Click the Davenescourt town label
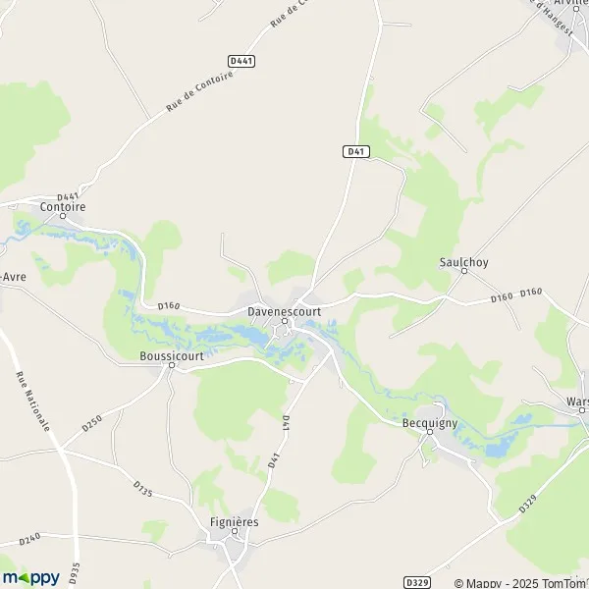click(285, 312)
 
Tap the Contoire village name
click(63, 207)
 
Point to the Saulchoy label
click(463, 262)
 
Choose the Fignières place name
click(234, 521)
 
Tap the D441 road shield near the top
click(241, 61)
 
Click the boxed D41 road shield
click(356, 151)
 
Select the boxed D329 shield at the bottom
click(416, 582)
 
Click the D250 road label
click(92, 425)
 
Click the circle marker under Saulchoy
click(463, 271)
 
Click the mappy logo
click(30, 578)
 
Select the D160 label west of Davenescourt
click(168, 307)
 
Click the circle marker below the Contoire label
click(63, 216)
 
